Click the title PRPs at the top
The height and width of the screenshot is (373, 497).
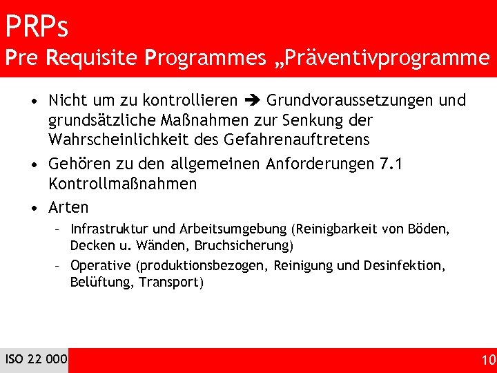[37, 27]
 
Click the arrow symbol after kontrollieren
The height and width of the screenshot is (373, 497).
[251, 101]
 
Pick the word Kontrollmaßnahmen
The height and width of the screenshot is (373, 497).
[122, 184]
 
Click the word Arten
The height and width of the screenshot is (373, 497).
[68, 207]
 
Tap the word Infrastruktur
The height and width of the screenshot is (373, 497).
[108, 229]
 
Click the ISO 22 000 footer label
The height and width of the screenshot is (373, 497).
[36, 358]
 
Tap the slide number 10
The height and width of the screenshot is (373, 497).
[487, 359]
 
